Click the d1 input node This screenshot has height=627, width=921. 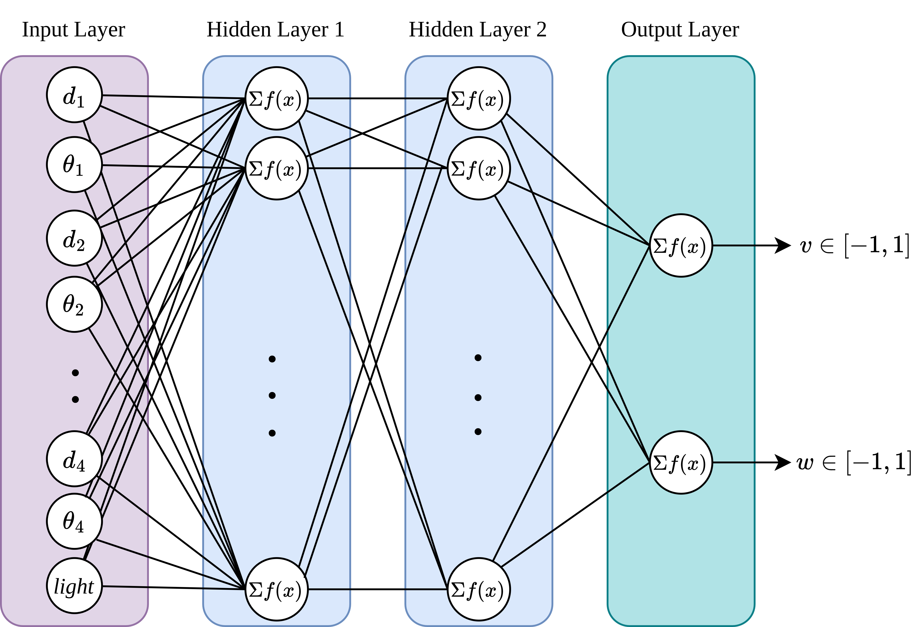pyautogui.click(x=74, y=95)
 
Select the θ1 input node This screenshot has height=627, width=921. pyautogui.click(x=74, y=165)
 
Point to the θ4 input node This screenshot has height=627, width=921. pyautogui.click(x=74, y=521)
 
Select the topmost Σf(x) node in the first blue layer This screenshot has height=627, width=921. pyautogui.click(x=276, y=98)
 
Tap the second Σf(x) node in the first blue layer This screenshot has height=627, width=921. pyautogui.click(x=276, y=168)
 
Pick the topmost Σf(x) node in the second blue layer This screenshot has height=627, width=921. pyautogui.click(x=478, y=98)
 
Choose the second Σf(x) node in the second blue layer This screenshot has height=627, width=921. pyautogui.click(x=478, y=168)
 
